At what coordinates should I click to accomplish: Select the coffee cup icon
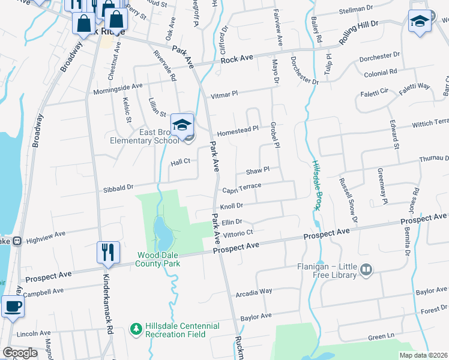point(13,306)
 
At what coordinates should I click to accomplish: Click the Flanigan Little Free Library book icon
point(365,271)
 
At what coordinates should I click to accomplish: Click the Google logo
point(20,353)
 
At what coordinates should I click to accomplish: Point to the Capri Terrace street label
point(242,188)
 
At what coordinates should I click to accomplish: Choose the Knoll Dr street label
point(231,205)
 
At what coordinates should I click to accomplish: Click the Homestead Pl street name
point(237,129)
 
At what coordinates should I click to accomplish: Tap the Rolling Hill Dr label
point(359,32)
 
